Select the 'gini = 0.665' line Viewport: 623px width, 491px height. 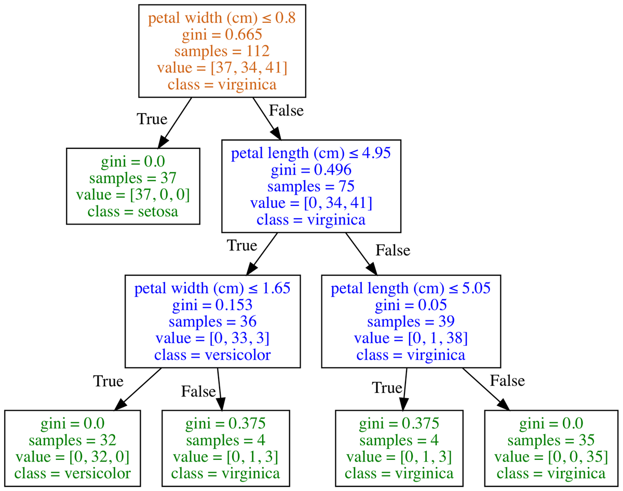pos(222,35)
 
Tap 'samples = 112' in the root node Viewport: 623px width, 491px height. pos(222,51)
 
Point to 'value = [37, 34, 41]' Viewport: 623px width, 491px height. pos(222,67)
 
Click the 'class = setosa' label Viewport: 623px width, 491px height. pos(133,211)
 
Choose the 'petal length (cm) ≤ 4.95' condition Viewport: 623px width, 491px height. pos(310,153)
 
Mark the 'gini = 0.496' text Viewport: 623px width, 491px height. pos(310,170)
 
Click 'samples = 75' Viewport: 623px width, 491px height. pos(310,186)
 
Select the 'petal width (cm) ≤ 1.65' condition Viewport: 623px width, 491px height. pos(212,289)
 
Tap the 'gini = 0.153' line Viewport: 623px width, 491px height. pos(212,305)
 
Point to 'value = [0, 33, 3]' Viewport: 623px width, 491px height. pos(212,339)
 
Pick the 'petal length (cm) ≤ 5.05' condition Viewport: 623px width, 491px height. pos(410,289)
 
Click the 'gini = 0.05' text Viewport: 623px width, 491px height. pos(410,305)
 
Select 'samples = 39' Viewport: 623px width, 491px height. pos(410,322)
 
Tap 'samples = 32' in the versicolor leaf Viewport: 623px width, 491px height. pos(72,441)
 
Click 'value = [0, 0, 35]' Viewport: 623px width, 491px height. pos(551,457)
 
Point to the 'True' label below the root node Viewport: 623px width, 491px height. pos(152,119)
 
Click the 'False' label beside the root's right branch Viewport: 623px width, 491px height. pos(286,110)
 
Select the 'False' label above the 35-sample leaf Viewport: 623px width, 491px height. pos(507,381)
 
